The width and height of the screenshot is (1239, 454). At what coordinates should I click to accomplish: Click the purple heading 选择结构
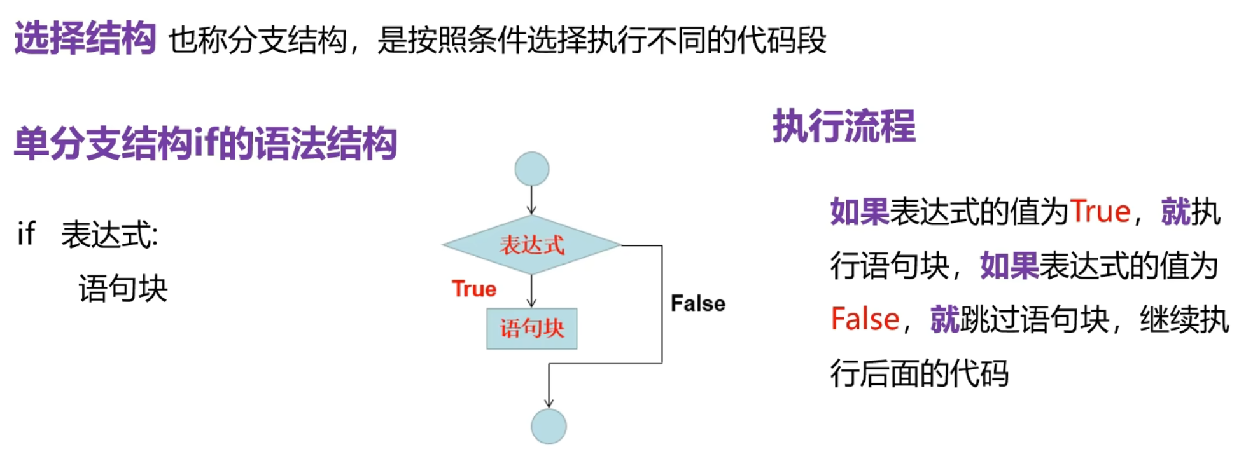(x=85, y=38)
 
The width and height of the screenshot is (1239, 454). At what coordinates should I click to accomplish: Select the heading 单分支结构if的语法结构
(x=205, y=143)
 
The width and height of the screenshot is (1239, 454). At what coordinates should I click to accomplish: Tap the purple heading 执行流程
(x=844, y=127)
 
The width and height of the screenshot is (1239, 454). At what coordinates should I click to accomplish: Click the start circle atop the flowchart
(x=531, y=169)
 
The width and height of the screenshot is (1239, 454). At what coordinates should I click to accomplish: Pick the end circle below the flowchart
(x=549, y=426)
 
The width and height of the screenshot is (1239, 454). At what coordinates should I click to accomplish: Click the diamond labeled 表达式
(x=531, y=245)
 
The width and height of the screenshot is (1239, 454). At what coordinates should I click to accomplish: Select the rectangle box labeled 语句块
(x=531, y=329)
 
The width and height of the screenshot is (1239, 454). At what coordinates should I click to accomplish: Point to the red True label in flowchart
(x=474, y=289)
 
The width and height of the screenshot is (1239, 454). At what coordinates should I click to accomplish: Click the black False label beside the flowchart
(x=697, y=303)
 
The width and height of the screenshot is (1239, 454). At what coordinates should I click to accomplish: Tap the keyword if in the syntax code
(x=26, y=234)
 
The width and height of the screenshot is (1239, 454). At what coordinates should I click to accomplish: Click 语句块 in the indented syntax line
(x=123, y=289)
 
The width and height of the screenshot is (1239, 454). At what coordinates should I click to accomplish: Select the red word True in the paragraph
(x=1100, y=212)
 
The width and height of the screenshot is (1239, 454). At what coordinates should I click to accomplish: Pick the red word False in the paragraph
(x=865, y=319)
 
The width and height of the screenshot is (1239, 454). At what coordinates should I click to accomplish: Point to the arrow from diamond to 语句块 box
(x=531, y=292)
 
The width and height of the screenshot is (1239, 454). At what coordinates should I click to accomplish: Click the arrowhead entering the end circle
(x=549, y=402)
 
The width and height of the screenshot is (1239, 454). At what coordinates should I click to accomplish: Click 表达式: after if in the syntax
(x=109, y=235)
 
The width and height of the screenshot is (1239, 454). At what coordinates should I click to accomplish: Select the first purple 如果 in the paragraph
(x=859, y=212)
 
